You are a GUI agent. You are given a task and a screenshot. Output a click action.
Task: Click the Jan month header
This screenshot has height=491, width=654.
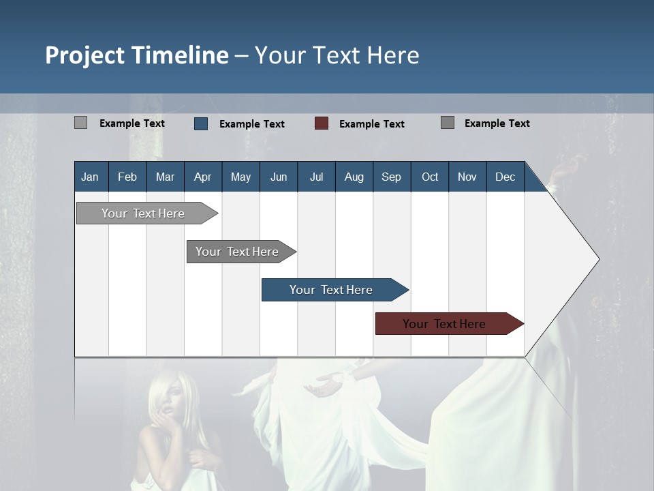[x=91, y=177]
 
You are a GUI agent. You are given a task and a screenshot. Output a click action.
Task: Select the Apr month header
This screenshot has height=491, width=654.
[x=203, y=177]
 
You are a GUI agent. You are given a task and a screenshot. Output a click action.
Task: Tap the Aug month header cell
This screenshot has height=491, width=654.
[x=354, y=177]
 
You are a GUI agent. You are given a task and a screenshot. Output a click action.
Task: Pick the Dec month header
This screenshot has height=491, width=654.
[x=505, y=177]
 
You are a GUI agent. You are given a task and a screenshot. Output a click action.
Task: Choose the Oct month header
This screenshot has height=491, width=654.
[x=430, y=177]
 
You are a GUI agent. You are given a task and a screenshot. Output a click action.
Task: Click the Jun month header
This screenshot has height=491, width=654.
[x=279, y=177]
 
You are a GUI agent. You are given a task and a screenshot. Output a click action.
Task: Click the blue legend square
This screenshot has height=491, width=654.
[x=201, y=123]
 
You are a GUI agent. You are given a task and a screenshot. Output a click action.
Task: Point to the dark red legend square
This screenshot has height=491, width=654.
[x=322, y=123]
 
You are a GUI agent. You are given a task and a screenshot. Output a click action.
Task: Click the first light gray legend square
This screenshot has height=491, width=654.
[x=80, y=123]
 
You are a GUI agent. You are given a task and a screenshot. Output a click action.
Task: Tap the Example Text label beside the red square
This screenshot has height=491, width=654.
[x=372, y=124]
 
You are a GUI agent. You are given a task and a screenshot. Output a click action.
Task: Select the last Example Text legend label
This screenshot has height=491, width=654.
[x=497, y=123]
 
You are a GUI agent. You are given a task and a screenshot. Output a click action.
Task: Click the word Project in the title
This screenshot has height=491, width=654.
[x=84, y=55]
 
